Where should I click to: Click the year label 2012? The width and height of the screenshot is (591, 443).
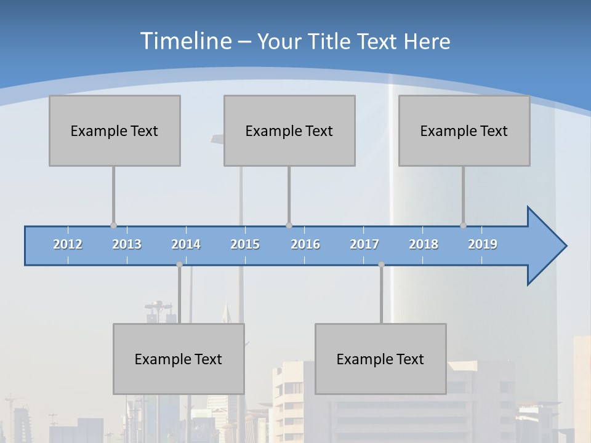click(x=68, y=244)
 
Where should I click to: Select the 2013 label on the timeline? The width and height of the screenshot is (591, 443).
click(x=127, y=244)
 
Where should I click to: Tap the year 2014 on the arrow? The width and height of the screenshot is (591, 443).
click(x=186, y=244)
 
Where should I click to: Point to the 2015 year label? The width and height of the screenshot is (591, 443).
click(x=245, y=244)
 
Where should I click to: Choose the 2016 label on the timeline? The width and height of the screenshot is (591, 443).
click(x=305, y=244)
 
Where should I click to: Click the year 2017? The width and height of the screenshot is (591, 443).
click(x=364, y=244)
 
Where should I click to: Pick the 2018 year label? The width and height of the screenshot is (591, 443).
click(x=424, y=244)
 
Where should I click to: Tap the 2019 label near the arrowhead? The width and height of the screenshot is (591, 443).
click(x=483, y=244)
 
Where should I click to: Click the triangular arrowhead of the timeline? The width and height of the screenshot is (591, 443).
click(x=545, y=246)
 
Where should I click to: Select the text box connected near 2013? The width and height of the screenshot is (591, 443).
click(x=115, y=130)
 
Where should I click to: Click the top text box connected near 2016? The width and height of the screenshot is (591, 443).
click(x=289, y=130)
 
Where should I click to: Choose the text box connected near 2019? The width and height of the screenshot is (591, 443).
click(x=464, y=130)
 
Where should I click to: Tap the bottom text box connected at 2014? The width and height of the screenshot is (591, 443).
click(x=179, y=359)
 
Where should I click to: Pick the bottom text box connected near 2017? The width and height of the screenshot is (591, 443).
click(x=380, y=359)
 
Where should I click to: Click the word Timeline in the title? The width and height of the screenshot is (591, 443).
click(x=185, y=41)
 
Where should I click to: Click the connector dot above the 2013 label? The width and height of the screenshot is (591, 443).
click(x=113, y=225)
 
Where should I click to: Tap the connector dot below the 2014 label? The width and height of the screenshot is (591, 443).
click(x=179, y=265)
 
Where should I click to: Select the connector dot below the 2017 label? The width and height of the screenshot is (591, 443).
click(x=381, y=265)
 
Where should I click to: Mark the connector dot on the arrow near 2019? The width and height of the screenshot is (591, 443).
click(x=463, y=225)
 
